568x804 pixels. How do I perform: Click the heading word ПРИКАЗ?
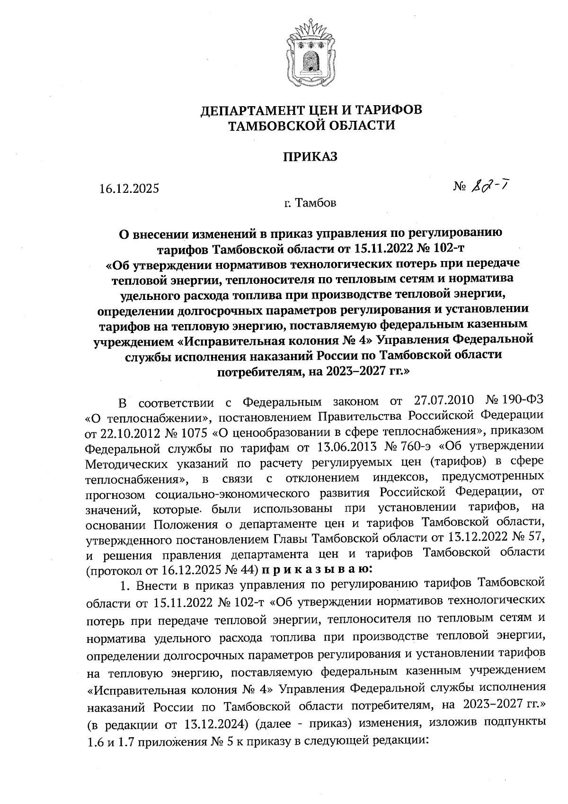[310, 157]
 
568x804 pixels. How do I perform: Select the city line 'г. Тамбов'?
[310, 204]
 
